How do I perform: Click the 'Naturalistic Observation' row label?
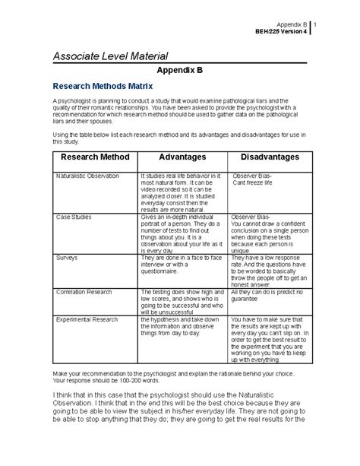click(87, 176)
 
